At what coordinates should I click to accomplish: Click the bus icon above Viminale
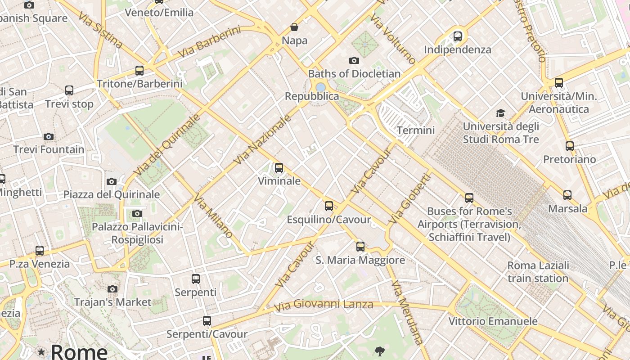[x=279, y=168]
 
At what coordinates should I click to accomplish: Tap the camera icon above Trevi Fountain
[x=49, y=136]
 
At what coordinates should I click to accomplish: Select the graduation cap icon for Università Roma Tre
[x=500, y=113]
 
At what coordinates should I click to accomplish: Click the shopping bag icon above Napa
[x=294, y=27]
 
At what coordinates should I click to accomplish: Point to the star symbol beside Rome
[x=41, y=352]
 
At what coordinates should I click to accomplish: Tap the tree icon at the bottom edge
[x=379, y=351]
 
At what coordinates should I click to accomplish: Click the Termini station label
[x=415, y=130]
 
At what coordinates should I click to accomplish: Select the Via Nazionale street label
[x=263, y=139]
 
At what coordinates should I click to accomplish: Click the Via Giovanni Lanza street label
[x=324, y=305]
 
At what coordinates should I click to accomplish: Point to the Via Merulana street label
[x=407, y=312]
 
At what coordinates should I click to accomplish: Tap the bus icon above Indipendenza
[x=458, y=36]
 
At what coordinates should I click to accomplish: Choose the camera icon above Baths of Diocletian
[x=354, y=60]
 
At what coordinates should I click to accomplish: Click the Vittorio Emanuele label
[x=493, y=321]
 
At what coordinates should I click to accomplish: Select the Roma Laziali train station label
[x=538, y=272]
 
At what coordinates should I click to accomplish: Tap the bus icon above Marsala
[x=567, y=195]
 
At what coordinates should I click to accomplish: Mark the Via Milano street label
[x=214, y=216]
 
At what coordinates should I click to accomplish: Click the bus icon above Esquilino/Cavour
[x=329, y=206]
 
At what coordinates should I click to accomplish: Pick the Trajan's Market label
[x=112, y=302]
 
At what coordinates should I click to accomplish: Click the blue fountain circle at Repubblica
[x=320, y=87]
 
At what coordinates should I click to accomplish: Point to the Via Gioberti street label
[x=409, y=199]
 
